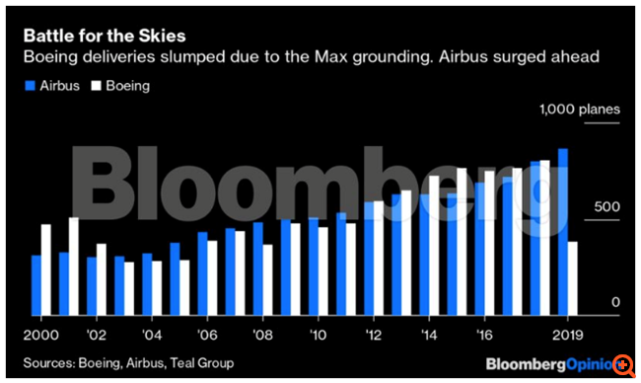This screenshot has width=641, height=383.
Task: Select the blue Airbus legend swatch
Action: coord(30,86)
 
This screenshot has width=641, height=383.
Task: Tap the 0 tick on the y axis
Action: coord(613,302)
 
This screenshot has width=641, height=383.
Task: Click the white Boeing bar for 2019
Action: coord(573,278)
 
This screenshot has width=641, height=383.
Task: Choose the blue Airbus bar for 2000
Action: coord(36,285)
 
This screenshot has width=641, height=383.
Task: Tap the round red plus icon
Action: coord(623,365)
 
